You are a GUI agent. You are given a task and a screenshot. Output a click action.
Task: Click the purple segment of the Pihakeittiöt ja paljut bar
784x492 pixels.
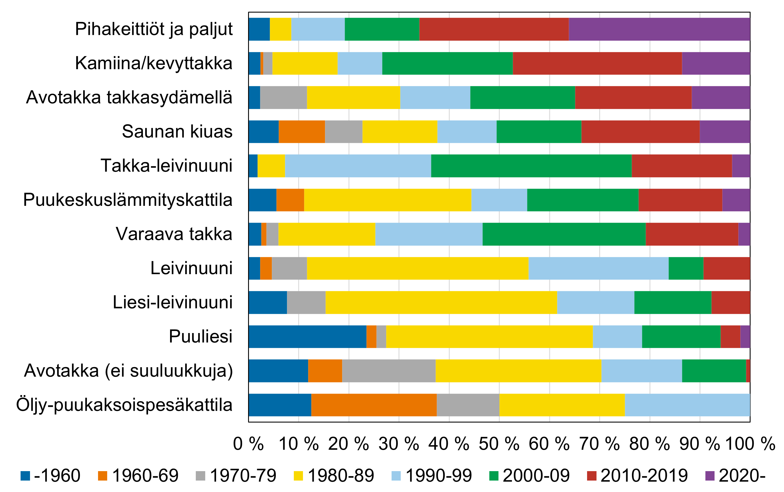click(x=659, y=29)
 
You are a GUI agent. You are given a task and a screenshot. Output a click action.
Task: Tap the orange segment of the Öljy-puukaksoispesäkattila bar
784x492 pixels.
click(x=374, y=405)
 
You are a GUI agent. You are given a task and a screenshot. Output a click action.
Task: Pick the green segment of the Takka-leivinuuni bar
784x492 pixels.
click(x=531, y=166)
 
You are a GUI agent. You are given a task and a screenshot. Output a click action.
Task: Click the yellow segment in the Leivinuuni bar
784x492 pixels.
click(x=417, y=268)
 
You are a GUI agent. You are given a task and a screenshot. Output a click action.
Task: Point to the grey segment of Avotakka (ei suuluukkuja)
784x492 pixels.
click(x=388, y=371)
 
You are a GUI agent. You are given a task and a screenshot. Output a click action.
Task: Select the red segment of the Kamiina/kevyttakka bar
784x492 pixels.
click(x=597, y=63)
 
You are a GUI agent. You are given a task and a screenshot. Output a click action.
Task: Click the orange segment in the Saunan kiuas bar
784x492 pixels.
click(x=302, y=132)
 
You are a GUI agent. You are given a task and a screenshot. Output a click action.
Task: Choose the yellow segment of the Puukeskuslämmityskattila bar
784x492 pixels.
click(x=388, y=200)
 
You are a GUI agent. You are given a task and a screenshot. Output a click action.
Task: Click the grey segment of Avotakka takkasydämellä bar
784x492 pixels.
click(x=283, y=97)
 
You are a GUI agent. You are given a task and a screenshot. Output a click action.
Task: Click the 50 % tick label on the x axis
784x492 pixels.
click(x=499, y=444)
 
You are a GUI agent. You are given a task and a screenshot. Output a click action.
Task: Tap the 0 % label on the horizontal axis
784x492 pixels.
click(x=248, y=444)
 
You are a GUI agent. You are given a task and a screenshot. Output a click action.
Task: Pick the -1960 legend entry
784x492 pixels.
click(x=50, y=475)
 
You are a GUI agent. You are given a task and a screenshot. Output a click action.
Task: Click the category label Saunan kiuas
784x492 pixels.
click(x=177, y=132)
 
